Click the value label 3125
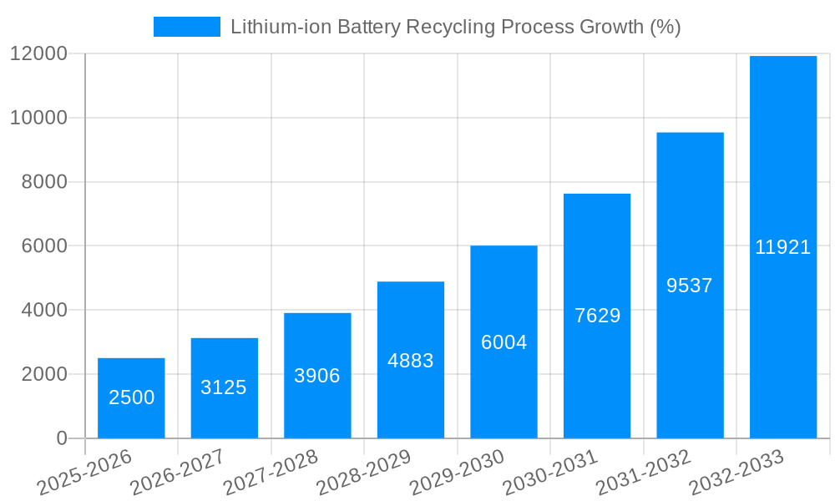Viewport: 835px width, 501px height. point(224,387)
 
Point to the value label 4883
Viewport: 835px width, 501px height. point(410,361)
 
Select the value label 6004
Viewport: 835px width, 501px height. point(504,342)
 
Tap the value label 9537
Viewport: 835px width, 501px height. point(690,286)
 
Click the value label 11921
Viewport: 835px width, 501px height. point(782,247)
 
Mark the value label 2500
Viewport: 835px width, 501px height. point(131,397)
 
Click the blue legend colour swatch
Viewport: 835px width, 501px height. point(186,27)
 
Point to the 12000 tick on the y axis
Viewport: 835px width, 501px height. point(38,54)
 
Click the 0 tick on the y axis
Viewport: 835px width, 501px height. point(61,438)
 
